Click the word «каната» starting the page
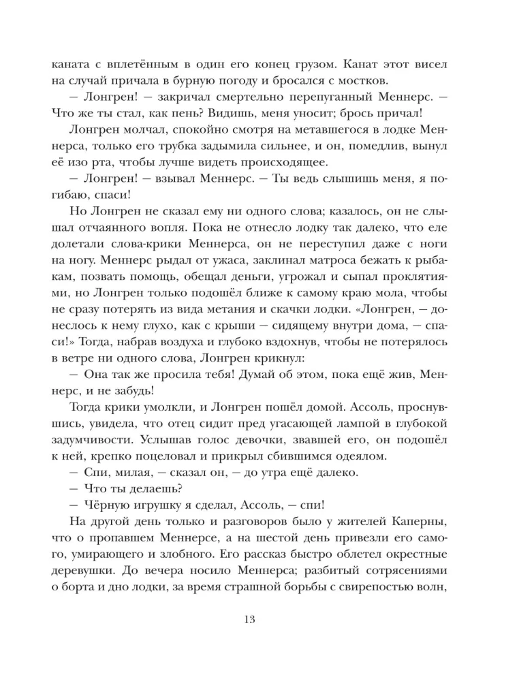click(69, 65)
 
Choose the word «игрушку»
click(172, 527)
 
